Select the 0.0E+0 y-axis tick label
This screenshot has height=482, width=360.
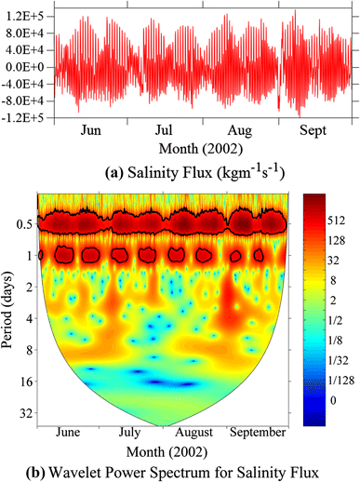click(25, 67)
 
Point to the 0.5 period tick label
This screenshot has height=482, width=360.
click(23, 224)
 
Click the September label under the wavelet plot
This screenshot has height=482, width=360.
click(260, 434)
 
